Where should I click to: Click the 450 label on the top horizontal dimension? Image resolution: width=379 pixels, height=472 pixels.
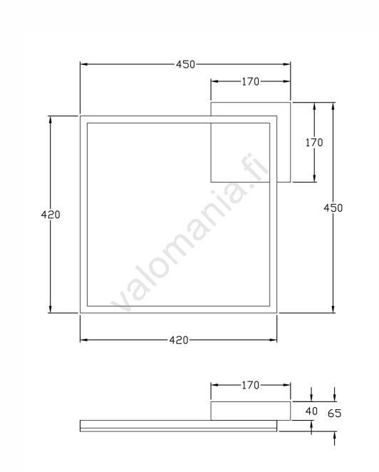click(186, 64)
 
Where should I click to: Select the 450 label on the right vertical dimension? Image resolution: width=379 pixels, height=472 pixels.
click(333, 208)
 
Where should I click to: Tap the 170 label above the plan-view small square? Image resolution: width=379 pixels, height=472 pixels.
click(251, 81)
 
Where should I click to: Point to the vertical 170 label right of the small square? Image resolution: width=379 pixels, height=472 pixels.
click(314, 143)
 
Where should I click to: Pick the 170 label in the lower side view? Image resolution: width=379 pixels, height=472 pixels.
click(251, 385)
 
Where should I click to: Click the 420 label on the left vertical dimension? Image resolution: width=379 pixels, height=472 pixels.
click(51, 215)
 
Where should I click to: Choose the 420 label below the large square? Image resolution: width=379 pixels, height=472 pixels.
click(179, 340)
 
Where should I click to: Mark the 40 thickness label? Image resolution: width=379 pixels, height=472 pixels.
click(311, 411)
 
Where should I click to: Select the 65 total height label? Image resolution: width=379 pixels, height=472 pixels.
click(335, 414)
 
